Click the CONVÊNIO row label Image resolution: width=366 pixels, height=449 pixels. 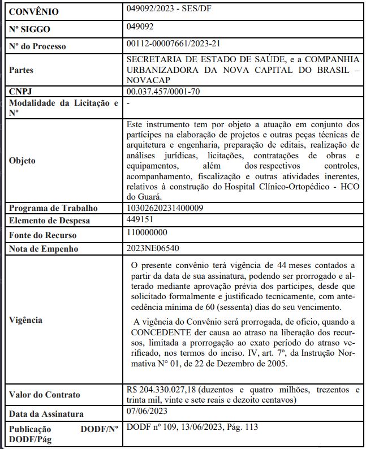point(33,12)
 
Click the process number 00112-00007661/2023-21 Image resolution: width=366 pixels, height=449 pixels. point(173,44)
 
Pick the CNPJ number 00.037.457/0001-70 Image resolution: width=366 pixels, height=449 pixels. point(163,91)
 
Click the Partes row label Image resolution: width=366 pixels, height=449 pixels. point(21,70)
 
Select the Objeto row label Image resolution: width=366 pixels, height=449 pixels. point(23,161)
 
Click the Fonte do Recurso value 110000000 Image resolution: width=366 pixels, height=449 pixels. point(148,232)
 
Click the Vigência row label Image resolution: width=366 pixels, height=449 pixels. point(26,320)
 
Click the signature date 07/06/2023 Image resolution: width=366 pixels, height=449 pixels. point(147,412)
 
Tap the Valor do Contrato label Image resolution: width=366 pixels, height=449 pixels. point(45,395)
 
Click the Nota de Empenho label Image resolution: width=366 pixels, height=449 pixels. point(43,249)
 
